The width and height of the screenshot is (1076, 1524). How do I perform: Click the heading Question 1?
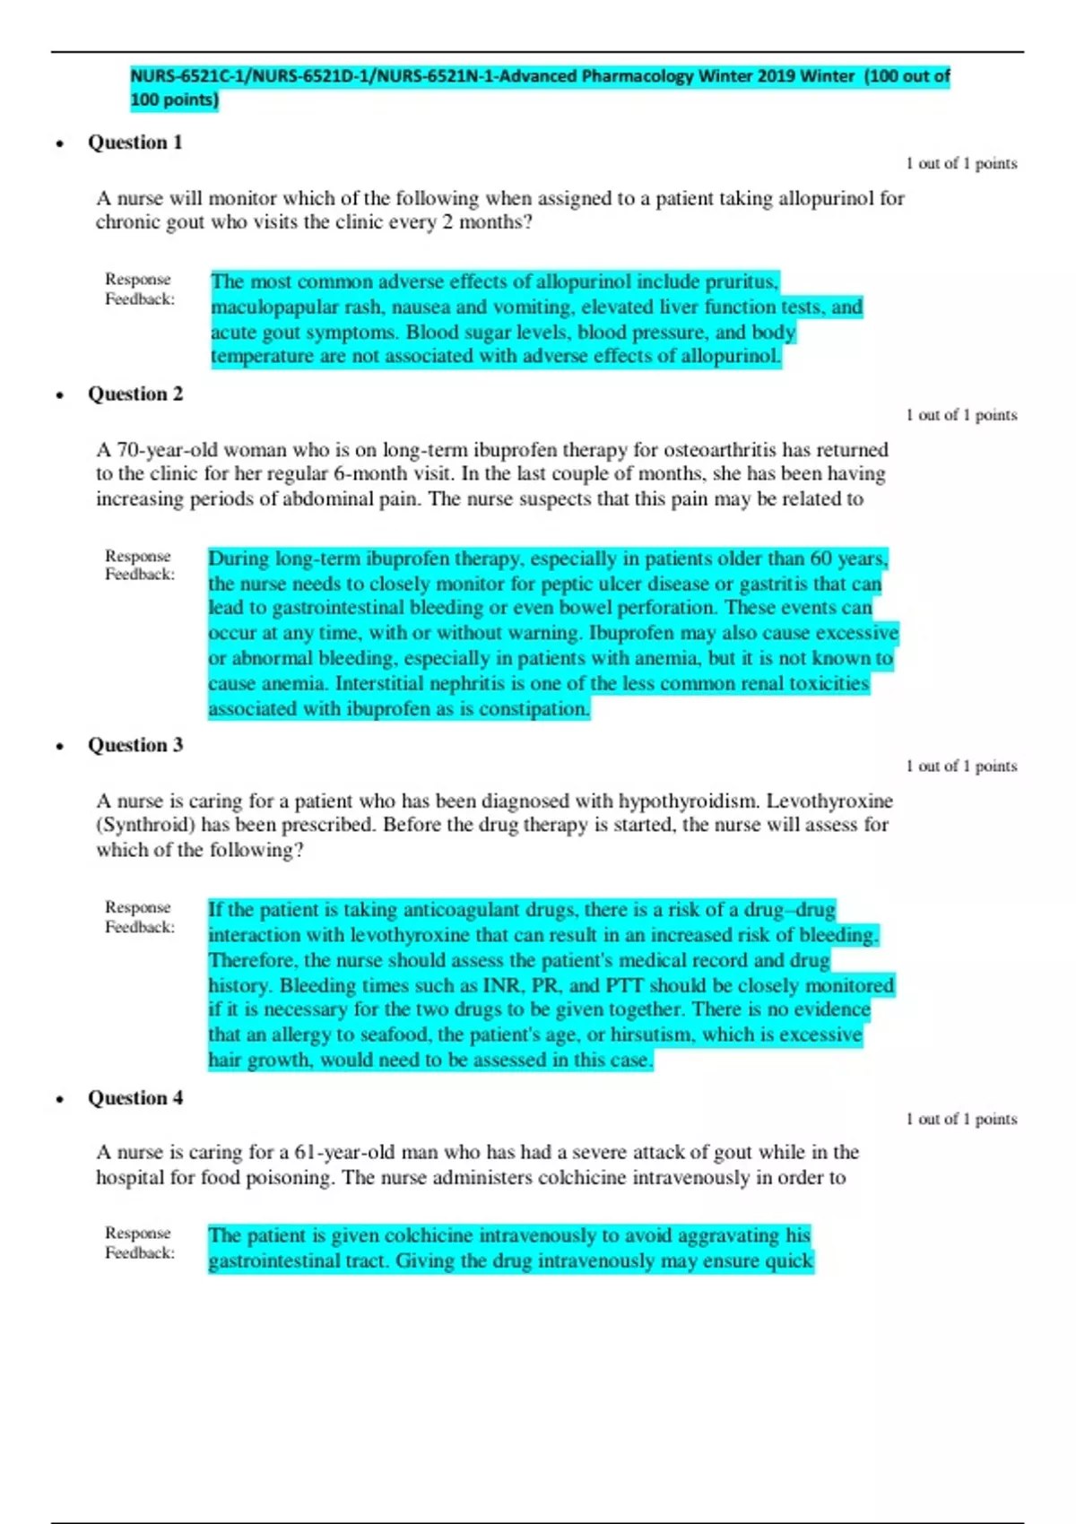(x=134, y=143)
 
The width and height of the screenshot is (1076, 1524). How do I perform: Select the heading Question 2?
(x=134, y=394)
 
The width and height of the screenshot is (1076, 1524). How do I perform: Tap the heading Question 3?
(x=134, y=746)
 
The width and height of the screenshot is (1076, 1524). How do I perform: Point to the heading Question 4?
(x=134, y=1098)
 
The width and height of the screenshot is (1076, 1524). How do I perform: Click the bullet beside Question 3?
(x=60, y=747)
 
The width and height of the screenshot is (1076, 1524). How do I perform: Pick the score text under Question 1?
(x=961, y=164)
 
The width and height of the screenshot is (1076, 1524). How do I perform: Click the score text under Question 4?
(x=961, y=1120)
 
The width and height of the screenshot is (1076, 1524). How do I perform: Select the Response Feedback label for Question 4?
(x=139, y=1243)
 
